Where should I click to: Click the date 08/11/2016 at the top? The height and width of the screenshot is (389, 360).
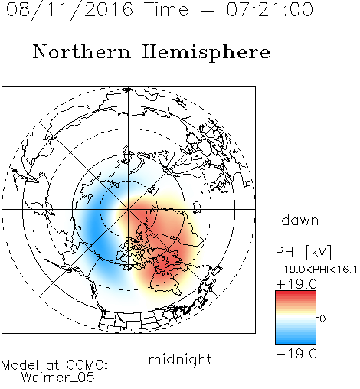[70, 10]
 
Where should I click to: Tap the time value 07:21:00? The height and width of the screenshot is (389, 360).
[270, 9]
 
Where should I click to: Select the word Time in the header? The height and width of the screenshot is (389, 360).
[166, 9]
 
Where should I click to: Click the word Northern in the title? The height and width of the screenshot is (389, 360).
[82, 51]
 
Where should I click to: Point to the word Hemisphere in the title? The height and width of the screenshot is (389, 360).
[206, 53]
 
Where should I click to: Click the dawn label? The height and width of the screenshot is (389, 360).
[299, 221]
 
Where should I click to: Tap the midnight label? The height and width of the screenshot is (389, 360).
[180, 359]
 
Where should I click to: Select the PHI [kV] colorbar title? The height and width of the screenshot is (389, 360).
[303, 252]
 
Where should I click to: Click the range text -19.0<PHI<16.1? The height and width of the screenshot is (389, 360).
[316, 270]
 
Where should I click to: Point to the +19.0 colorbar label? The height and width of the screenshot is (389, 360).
[296, 284]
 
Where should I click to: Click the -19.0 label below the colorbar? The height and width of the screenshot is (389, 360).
[296, 354]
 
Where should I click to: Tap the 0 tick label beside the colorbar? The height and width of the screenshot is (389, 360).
[322, 319]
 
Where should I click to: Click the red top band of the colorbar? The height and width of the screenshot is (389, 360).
[296, 294]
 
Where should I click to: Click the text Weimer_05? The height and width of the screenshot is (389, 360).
[58, 378]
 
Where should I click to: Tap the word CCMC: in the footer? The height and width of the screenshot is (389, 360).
[87, 365]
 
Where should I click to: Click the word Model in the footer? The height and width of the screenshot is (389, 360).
[20, 365]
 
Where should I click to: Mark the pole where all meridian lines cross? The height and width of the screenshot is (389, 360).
[129, 209]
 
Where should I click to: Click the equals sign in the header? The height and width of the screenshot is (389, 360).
[208, 10]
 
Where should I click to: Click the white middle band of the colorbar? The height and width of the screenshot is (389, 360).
[296, 318]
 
